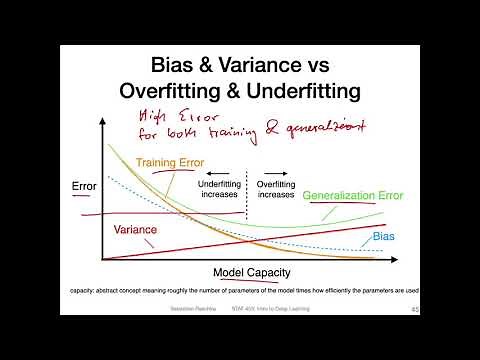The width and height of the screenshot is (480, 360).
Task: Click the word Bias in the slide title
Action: [x=178, y=63]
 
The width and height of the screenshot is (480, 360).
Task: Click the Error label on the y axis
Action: [x=84, y=186]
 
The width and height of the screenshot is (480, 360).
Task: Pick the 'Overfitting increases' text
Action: [x=276, y=189]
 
